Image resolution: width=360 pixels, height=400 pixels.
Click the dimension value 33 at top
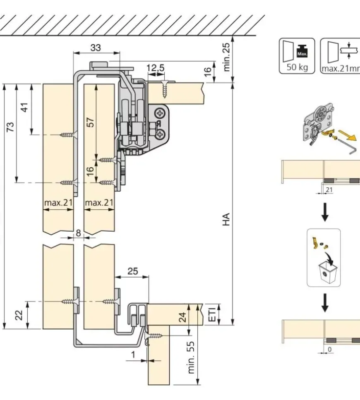coord(96,48)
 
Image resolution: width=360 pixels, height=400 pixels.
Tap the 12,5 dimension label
coord(156,68)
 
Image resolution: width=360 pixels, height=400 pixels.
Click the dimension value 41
coord(26,107)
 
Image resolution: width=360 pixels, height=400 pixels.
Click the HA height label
coord(226,219)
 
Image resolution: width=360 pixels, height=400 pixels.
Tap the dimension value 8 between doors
coord(78,233)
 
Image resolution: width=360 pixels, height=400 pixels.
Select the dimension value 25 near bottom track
coord(132,271)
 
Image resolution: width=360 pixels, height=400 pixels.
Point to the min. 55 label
coord(192,358)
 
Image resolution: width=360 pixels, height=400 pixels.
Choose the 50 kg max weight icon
coord(297,56)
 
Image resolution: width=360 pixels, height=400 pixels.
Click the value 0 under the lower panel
coord(330,349)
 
